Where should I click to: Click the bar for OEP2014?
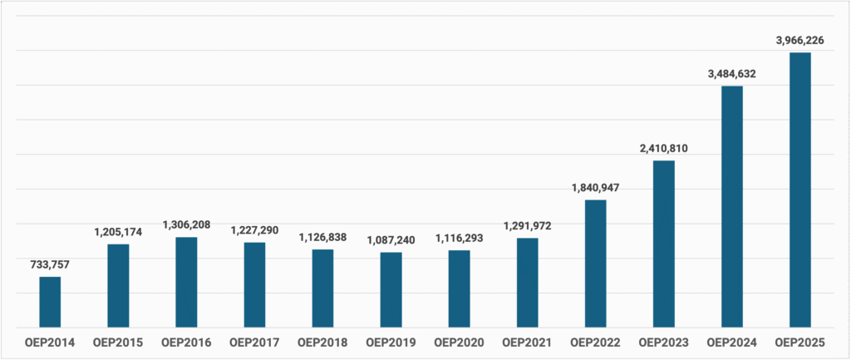pyautogui.click(x=50, y=302)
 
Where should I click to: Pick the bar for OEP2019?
pyautogui.click(x=391, y=289)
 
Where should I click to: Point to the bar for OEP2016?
pyautogui.click(x=186, y=282)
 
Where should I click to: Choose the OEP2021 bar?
pyautogui.click(x=527, y=283)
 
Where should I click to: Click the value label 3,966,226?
pyautogui.click(x=799, y=39)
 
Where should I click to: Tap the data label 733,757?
pyautogui.click(x=50, y=264)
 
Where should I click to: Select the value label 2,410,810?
pyautogui.click(x=663, y=148)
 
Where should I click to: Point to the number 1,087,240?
pyautogui.click(x=391, y=239)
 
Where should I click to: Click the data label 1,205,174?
pyautogui.click(x=118, y=231)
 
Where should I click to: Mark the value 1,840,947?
pyautogui.click(x=595, y=187)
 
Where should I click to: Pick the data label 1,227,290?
pyautogui.click(x=254, y=229)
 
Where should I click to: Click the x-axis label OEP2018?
pyautogui.click(x=322, y=342)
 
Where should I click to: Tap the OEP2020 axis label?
pyautogui.click(x=459, y=342)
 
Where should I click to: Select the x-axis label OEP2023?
pyautogui.click(x=663, y=342)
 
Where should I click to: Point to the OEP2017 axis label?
pyautogui.click(x=254, y=342)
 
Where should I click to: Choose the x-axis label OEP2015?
pyautogui.click(x=118, y=342)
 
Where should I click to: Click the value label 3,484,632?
pyautogui.click(x=731, y=73)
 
